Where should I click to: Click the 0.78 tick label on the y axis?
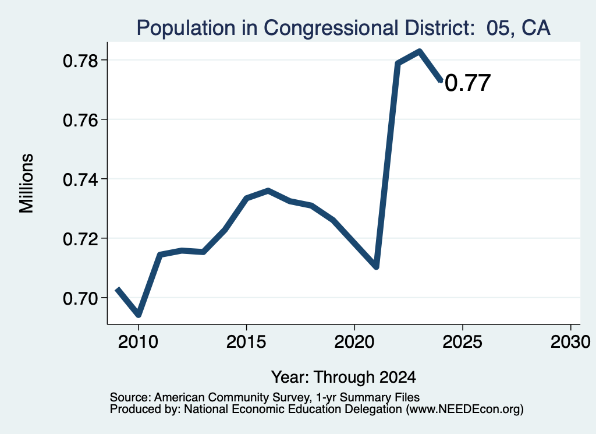[x=80, y=61]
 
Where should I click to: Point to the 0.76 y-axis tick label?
[x=80, y=120]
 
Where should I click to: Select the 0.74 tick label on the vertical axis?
[x=80, y=179]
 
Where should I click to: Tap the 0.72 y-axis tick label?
[x=80, y=239]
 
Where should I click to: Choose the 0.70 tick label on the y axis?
[x=80, y=298]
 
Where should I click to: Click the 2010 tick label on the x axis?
[x=138, y=342]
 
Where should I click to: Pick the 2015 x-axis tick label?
[x=246, y=342]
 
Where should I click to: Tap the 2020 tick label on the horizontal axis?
[x=354, y=342]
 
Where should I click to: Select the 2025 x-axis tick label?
[x=462, y=342]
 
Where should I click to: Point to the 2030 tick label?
[x=570, y=342]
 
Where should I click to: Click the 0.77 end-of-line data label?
[x=467, y=83]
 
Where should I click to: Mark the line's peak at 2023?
[x=419, y=51]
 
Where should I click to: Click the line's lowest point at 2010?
[x=139, y=315]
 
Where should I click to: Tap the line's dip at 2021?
[x=377, y=267]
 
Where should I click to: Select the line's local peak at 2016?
[x=268, y=190]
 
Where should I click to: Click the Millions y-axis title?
[x=26, y=184]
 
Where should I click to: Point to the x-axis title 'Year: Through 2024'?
[x=343, y=377]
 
